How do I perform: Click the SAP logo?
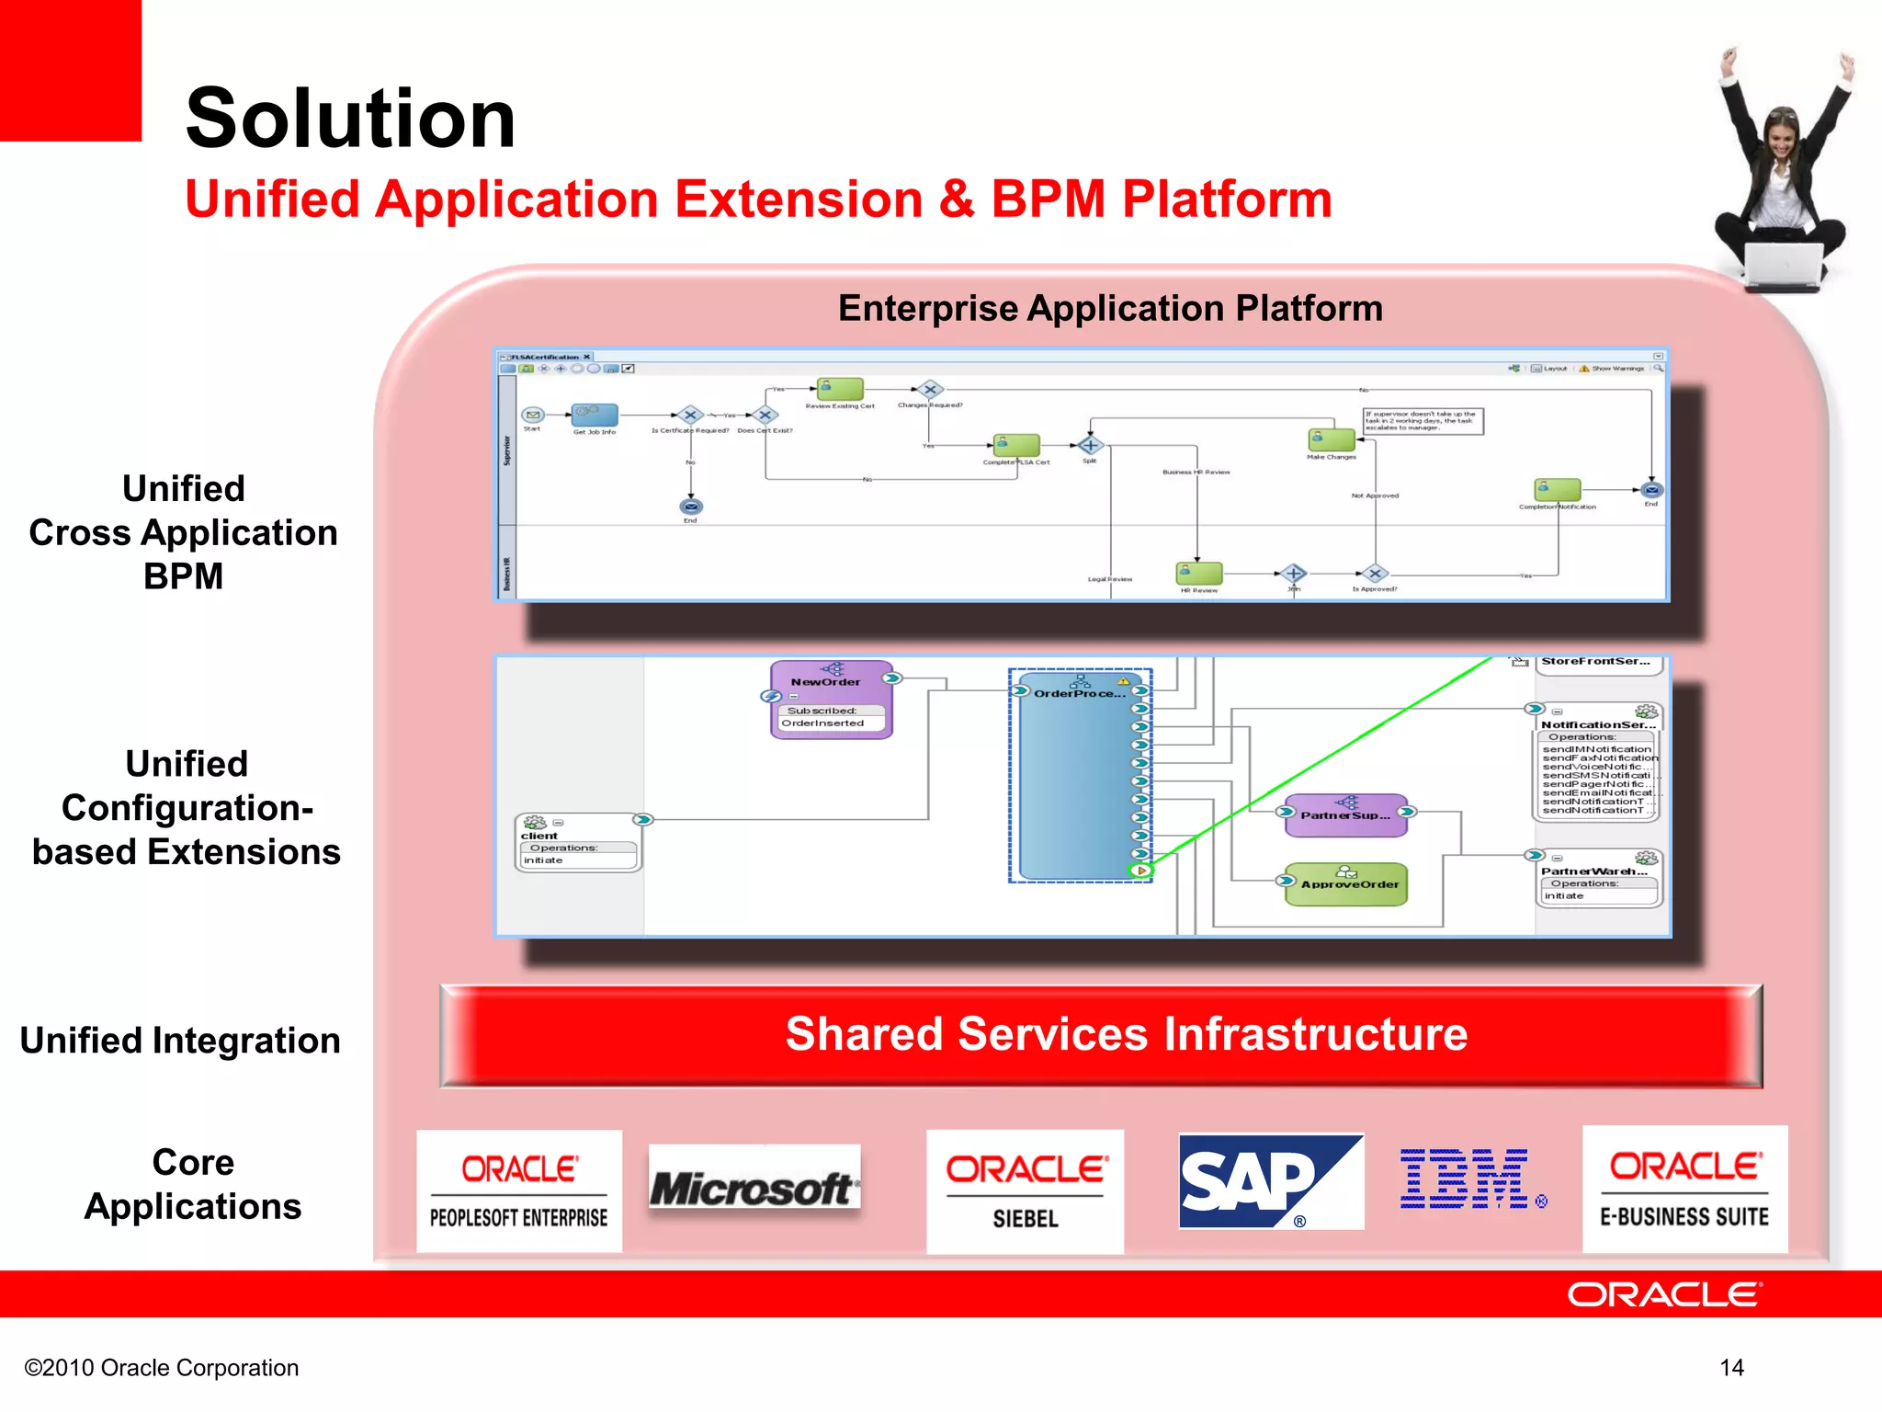(1270, 1182)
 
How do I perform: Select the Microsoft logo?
(754, 1186)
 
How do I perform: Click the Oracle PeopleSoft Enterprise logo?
(519, 1191)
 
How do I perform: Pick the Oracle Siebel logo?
(1025, 1191)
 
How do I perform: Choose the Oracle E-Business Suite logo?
(1684, 1190)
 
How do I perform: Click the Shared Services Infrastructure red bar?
(1101, 1036)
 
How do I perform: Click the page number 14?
(1731, 1368)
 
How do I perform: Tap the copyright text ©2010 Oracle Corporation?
(162, 1368)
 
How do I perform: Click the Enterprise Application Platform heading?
(1110, 309)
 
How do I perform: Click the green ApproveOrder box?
(1346, 884)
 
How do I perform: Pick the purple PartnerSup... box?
(1346, 815)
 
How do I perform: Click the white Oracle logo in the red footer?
(1664, 1294)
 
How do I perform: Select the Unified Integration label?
(180, 1041)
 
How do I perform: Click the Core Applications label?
(193, 1184)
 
